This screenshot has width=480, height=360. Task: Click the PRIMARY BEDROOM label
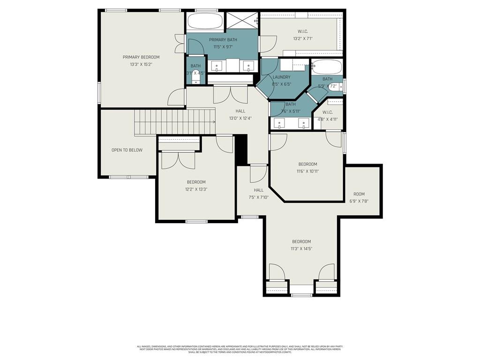pyautogui.click(x=141, y=57)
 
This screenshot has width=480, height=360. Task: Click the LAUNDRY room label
pyautogui.click(x=282, y=77)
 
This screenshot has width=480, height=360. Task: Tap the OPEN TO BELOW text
pyautogui.click(x=127, y=150)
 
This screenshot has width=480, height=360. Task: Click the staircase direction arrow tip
pyautogui.click(x=215, y=122)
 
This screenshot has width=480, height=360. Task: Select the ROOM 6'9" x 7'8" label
pyautogui.click(x=359, y=194)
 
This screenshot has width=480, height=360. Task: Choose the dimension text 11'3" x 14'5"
pyautogui.click(x=301, y=249)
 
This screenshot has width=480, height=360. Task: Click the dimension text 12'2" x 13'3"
pyautogui.click(x=196, y=189)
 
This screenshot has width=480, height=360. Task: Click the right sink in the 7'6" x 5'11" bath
pyautogui.click(x=305, y=124)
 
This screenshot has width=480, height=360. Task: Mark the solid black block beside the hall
pyautogui.click(x=241, y=150)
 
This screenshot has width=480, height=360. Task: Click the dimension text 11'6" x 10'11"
pyautogui.click(x=308, y=171)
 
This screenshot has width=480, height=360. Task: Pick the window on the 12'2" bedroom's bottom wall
pyautogui.click(x=196, y=221)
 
